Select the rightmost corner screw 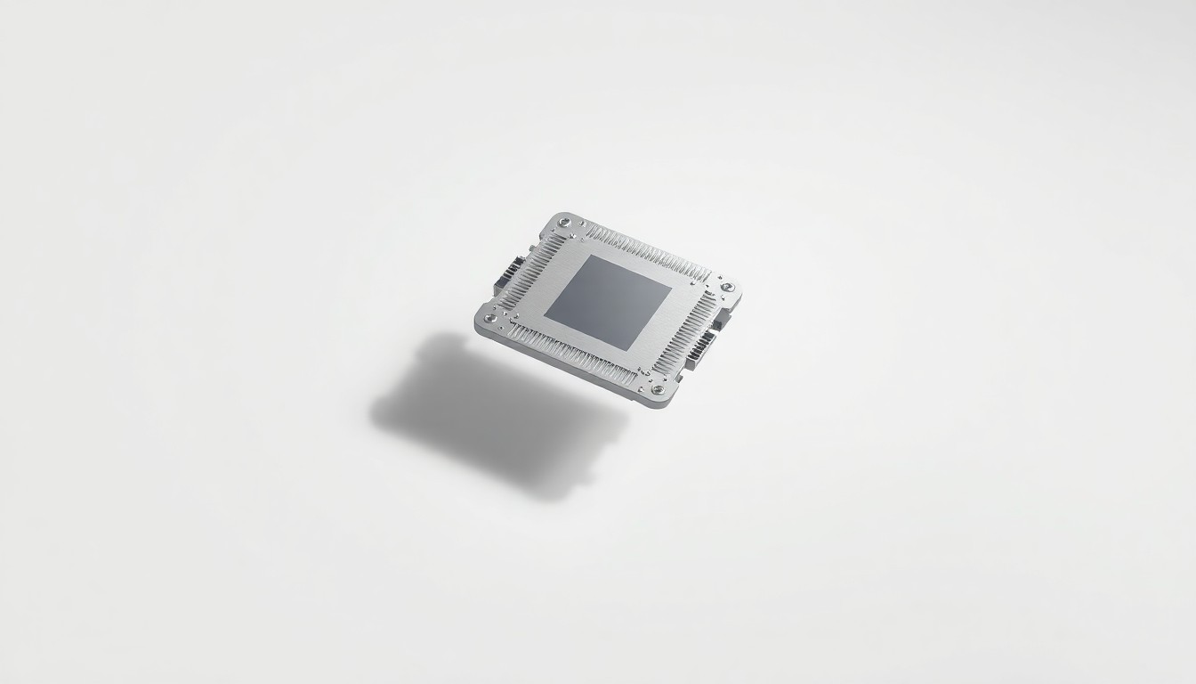pyautogui.click(x=727, y=287)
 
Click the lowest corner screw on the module pyautogui.click(x=658, y=387)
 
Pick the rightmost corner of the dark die pyautogui.click(x=672, y=289)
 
